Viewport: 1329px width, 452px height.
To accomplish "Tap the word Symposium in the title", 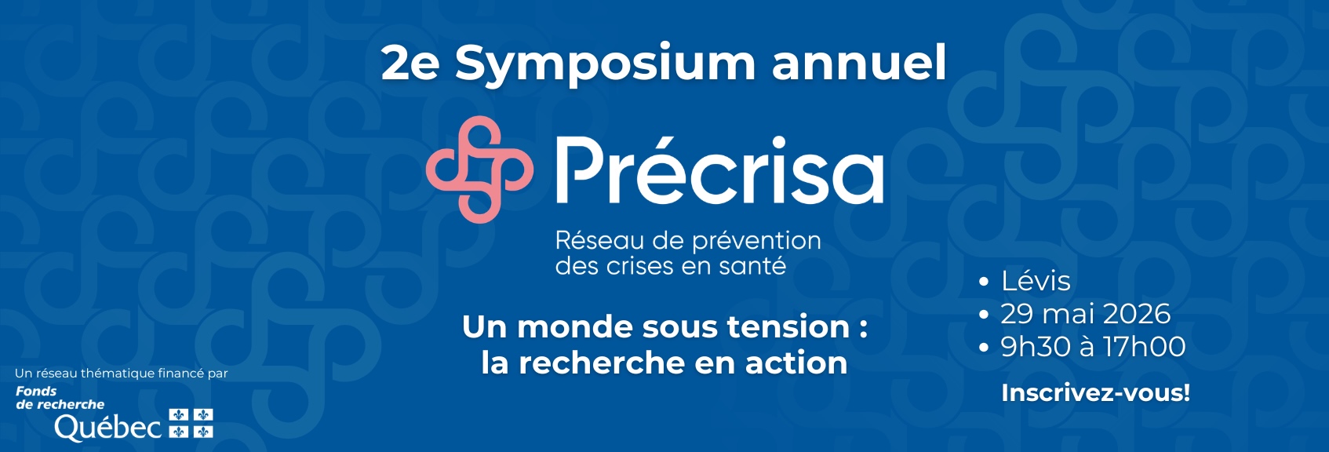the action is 605,64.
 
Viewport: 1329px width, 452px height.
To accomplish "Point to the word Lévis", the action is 1036,281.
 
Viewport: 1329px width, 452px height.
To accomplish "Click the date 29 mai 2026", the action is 1086,314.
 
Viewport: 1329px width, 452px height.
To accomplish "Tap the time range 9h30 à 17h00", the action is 1093,347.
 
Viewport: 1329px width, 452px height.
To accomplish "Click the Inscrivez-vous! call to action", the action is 1095,393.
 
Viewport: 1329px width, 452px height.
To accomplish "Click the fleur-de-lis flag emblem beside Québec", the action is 191,424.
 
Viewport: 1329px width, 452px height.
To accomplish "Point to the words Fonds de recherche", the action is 60,398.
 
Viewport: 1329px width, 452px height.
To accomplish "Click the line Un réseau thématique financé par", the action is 122,374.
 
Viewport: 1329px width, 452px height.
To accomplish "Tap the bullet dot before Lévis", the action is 984,282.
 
